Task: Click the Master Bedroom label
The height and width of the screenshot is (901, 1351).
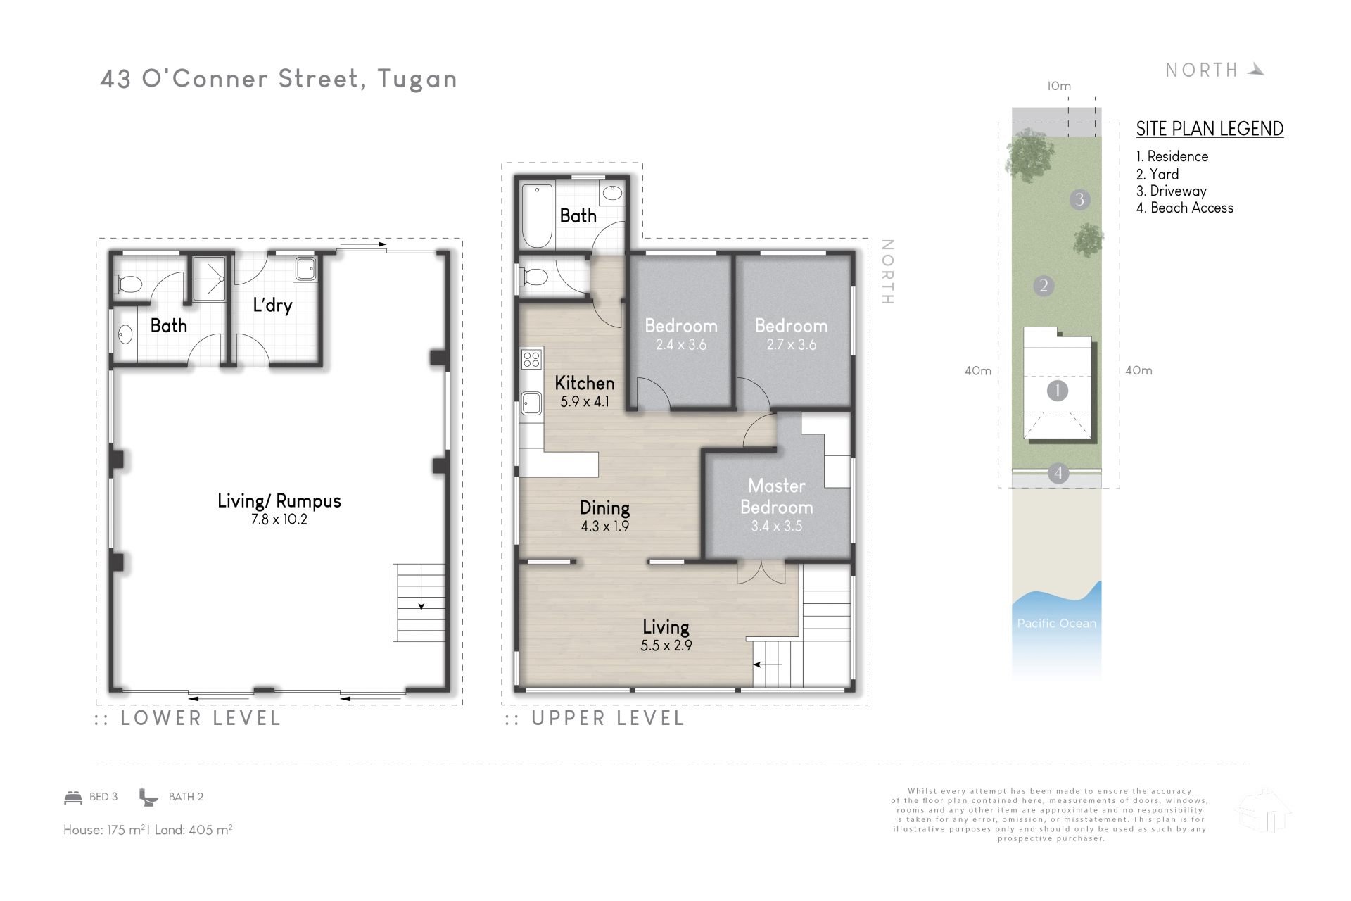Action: pyautogui.click(x=777, y=496)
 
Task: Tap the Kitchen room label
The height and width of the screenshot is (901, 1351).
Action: pyautogui.click(x=585, y=383)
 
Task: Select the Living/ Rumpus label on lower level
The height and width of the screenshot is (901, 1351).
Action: pyautogui.click(x=279, y=500)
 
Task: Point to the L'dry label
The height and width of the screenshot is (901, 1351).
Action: pyautogui.click(x=272, y=305)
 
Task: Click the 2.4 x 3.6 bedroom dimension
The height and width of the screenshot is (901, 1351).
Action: pyautogui.click(x=681, y=345)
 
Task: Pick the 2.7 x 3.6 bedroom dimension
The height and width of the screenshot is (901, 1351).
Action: pyautogui.click(x=792, y=345)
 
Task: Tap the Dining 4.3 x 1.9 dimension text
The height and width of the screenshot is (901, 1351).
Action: pyautogui.click(x=605, y=526)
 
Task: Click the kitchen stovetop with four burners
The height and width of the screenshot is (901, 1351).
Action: pyautogui.click(x=532, y=360)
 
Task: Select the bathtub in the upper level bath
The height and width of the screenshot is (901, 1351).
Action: pyautogui.click(x=538, y=215)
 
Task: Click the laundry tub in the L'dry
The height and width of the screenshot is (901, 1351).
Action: pyautogui.click(x=305, y=268)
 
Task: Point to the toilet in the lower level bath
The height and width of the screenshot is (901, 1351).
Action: pyautogui.click(x=129, y=285)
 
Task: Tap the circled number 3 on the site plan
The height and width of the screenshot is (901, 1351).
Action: pyautogui.click(x=1079, y=199)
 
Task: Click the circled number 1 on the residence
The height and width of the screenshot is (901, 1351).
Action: pyautogui.click(x=1057, y=391)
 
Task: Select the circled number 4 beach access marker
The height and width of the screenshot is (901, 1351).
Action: pyautogui.click(x=1058, y=473)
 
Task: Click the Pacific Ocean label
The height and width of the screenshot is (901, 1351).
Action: pyautogui.click(x=1057, y=623)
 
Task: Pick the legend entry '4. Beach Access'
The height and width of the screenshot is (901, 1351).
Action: pyautogui.click(x=1185, y=208)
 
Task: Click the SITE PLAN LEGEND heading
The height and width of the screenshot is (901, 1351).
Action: pyautogui.click(x=1210, y=129)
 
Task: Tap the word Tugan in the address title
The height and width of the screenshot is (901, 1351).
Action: pyautogui.click(x=417, y=80)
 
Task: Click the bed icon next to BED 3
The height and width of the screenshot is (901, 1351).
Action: pyautogui.click(x=73, y=797)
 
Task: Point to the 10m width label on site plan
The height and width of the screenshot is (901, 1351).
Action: pyautogui.click(x=1059, y=86)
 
